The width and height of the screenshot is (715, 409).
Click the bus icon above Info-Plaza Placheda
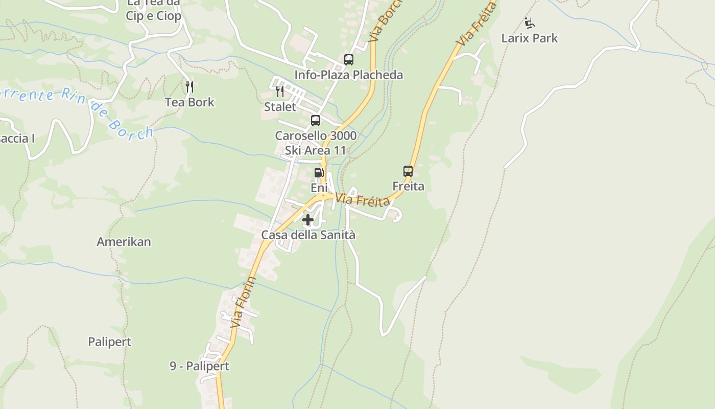click(x=349, y=60)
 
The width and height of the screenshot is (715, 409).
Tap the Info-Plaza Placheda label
click(x=349, y=75)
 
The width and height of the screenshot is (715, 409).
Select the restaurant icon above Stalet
click(x=280, y=92)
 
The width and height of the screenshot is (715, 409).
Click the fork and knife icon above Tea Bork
click(x=189, y=87)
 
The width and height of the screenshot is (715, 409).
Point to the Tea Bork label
click(x=189, y=102)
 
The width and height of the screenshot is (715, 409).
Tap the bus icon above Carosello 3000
click(x=316, y=121)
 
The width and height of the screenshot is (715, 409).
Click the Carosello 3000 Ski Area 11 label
click(x=316, y=143)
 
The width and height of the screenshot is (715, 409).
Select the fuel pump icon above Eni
click(x=319, y=173)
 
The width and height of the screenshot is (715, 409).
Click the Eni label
click(x=319, y=188)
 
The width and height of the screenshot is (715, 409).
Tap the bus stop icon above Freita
click(x=408, y=171)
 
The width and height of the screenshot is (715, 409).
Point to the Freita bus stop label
click(x=408, y=186)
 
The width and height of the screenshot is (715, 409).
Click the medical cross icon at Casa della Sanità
click(x=308, y=220)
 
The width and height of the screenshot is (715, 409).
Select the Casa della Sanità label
click(x=308, y=235)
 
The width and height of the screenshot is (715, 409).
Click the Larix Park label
click(x=530, y=38)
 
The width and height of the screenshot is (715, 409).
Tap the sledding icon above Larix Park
click(x=530, y=23)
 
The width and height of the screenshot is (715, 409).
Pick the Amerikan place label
click(x=124, y=242)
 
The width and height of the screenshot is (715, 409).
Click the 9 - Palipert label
click(x=200, y=366)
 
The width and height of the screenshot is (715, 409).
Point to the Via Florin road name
click(x=243, y=303)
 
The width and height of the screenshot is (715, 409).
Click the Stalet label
click(x=280, y=107)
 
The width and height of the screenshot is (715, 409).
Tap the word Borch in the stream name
click(x=136, y=129)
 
